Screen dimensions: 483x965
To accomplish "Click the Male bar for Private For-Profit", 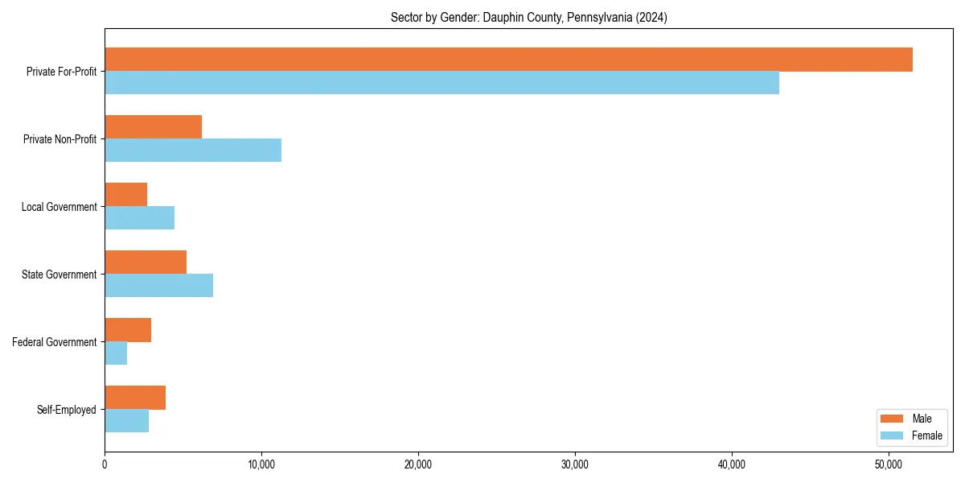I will (508, 60).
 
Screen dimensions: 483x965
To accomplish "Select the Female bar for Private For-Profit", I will (441, 83).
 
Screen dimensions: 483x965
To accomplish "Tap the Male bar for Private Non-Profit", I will (153, 127).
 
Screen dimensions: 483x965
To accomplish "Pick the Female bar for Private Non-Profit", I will (193, 151).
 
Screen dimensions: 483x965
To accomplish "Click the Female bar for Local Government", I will (139, 218).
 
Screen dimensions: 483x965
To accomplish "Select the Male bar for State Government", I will (146, 262).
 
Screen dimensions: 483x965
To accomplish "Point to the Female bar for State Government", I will (158, 286).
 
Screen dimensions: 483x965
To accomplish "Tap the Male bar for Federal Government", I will (128, 330).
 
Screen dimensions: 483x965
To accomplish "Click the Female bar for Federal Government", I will (116, 353).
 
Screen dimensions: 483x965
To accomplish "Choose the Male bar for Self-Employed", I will (135, 398).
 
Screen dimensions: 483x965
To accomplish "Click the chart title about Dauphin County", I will (528, 17).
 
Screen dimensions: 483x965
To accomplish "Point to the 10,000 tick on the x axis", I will (261, 464).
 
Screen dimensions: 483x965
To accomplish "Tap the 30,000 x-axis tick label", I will (575, 464).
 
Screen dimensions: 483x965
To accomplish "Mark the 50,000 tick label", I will (889, 464).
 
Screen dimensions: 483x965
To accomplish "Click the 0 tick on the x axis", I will (105, 464).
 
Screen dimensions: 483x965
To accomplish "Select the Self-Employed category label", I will (66, 410).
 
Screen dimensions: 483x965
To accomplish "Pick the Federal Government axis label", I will (55, 342).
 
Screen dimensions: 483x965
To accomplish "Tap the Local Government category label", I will (59, 207).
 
